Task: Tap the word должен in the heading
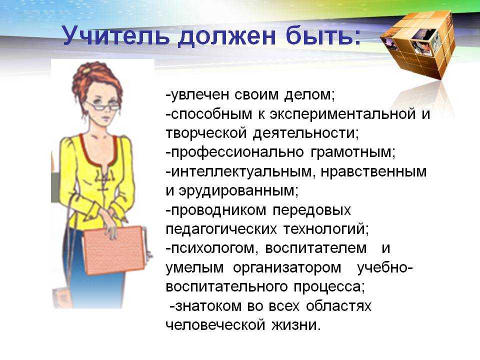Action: click(227, 36)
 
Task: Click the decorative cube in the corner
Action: click(417, 43)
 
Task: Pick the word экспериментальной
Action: click(342, 114)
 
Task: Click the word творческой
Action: click(206, 133)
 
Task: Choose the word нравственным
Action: click(373, 171)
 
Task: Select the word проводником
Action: click(216, 210)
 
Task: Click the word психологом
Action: click(210, 248)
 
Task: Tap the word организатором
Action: click(287, 268)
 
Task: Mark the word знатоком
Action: click(205, 306)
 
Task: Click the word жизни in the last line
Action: click(295, 325)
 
